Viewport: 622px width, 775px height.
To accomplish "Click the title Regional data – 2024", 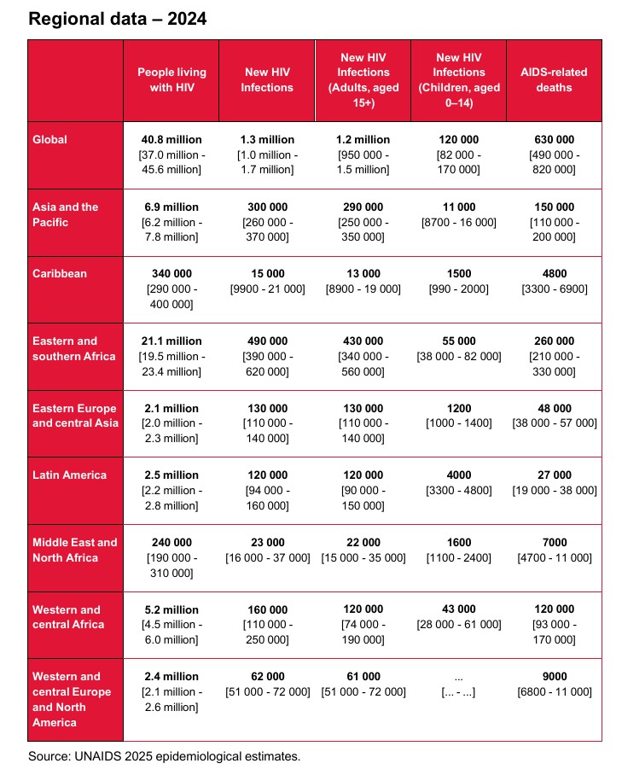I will click(118, 19).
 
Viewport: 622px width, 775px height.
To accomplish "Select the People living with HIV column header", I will click(171, 79).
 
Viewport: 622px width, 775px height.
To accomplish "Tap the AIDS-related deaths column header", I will click(554, 79).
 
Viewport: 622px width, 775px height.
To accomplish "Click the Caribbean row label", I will click(59, 274).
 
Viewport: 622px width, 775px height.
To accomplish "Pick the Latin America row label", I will click(69, 475).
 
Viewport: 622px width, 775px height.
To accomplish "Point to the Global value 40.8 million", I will click(171, 140).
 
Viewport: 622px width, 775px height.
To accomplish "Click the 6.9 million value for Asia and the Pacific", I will click(171, 207).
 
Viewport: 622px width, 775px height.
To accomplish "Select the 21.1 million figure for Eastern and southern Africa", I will click(171, 341).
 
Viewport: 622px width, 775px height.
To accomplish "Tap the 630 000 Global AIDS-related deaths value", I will click(554, 140).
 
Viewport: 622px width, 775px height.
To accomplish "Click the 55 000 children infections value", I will click(458, 341).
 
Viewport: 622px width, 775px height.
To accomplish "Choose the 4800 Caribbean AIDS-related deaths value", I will click(554, 274).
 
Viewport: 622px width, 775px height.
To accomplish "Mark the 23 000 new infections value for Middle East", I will click(267, 543).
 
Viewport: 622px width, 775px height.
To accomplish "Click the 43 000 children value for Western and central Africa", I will click(458, 610).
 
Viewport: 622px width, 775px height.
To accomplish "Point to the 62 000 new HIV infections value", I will click(267, 677).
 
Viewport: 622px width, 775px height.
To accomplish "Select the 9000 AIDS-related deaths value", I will click(554, 677).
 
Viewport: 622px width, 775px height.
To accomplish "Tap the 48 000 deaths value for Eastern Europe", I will click(554, 409).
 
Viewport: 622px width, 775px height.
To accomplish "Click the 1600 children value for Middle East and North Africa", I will click(458, 543).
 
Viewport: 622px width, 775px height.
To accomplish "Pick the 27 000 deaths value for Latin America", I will click(554, 475).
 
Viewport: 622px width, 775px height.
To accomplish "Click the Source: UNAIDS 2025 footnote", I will click(165, 756).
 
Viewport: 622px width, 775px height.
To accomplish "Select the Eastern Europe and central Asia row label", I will click(74, 416).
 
